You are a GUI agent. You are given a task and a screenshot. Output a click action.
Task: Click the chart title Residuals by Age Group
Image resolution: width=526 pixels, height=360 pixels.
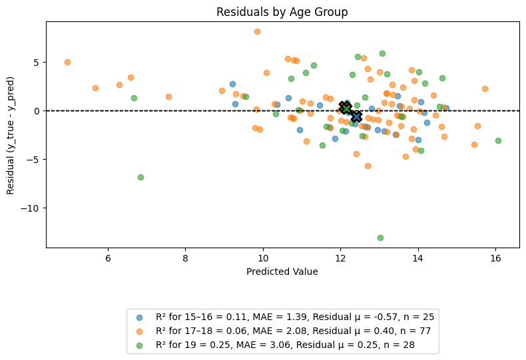(282, 12)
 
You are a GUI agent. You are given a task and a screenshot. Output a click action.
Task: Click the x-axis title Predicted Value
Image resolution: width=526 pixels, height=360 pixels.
(282, 271)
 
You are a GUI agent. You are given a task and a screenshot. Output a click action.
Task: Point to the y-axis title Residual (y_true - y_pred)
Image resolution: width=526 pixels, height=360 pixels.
(10, 136)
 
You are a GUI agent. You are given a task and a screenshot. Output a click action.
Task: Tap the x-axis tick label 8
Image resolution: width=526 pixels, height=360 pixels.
(186, 259)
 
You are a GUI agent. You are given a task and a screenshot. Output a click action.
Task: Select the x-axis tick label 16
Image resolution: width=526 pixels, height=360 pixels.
(495, 259)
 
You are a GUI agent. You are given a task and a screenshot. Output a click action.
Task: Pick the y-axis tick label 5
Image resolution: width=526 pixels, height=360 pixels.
(36, 63)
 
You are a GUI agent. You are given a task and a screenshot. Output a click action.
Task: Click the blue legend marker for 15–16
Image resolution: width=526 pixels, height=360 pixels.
(139, 317)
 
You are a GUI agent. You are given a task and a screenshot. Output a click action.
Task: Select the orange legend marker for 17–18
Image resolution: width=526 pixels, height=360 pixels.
(139, 331)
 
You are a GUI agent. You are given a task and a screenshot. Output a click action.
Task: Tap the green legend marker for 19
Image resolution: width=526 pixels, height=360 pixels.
(139, 345)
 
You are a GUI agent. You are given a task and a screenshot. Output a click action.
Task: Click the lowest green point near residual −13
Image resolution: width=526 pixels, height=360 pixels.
(380, 238)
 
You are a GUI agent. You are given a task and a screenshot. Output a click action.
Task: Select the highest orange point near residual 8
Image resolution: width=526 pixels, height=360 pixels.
(257, 31)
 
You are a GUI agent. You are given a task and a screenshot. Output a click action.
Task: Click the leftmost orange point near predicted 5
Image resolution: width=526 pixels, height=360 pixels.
(67, 63)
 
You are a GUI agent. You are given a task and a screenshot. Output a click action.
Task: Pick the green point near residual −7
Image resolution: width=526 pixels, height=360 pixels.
(141, 177)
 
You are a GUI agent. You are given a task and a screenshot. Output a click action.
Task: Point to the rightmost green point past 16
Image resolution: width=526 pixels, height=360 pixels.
(498, 141)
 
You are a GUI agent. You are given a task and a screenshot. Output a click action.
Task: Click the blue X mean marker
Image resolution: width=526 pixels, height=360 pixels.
(357, 116)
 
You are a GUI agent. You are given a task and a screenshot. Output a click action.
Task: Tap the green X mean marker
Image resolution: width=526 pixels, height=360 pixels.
(346, 108)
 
